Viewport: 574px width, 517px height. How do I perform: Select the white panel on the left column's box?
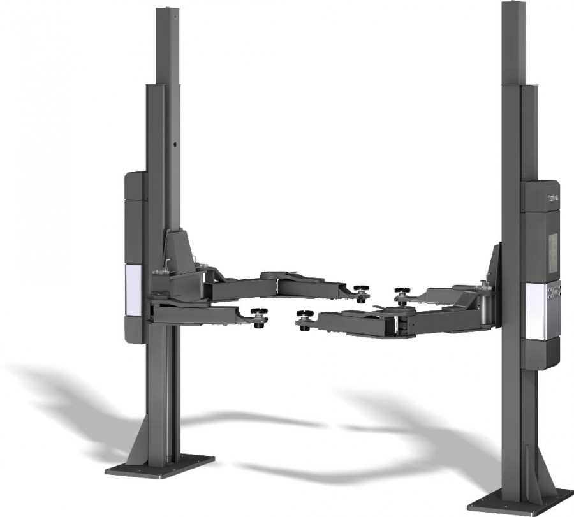134,290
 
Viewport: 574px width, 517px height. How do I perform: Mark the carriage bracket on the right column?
493,268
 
